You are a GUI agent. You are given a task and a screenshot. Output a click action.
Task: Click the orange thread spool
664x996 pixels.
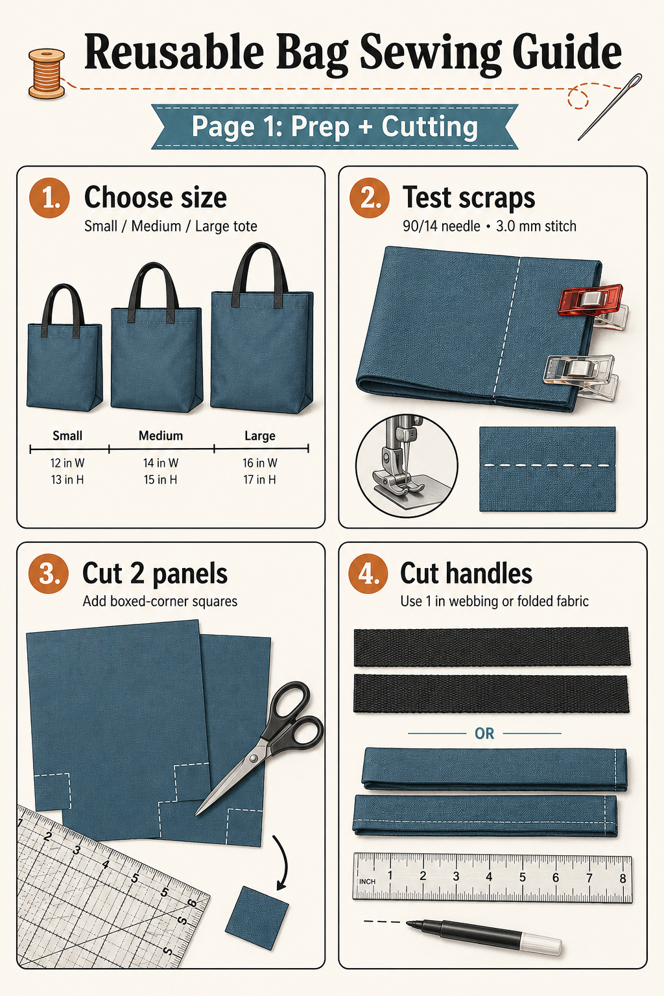click(46, 73)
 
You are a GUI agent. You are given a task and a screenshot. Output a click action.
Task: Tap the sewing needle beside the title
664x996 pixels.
click(610, 107)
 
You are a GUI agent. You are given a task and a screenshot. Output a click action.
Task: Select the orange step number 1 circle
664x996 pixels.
click(49, 198)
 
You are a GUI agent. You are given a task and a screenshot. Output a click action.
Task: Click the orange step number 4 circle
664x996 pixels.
click(368, 574)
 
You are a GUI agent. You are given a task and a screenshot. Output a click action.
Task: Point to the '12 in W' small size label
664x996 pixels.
click(67, 463)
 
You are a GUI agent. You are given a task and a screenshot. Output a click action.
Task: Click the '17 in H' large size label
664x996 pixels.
click(260, 479)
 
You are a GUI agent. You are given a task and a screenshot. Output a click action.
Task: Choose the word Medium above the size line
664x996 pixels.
click(161, 435)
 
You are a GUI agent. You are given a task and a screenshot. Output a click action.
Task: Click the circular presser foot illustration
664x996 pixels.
click(407, 466)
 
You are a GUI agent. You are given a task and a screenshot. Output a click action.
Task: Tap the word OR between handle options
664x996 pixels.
click(484, 733)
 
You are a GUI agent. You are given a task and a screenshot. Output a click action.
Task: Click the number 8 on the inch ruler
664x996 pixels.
click(622, 878)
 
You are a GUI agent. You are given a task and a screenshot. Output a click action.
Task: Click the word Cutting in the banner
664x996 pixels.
click(430, 126)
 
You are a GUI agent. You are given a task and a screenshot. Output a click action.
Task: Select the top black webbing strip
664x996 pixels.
click(492, 646)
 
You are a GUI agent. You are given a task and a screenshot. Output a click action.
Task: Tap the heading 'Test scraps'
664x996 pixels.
click(469, 198)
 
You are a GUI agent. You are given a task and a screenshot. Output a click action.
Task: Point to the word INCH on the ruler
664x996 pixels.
click(368, 881)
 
